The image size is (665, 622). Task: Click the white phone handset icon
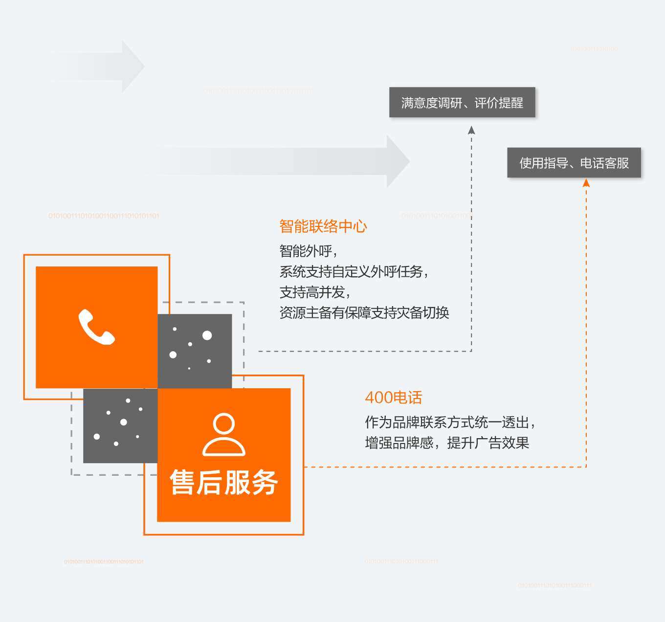tap(96, 327)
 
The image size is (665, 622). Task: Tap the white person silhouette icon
tap(224, 435)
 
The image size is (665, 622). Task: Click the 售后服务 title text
tap(224, 482)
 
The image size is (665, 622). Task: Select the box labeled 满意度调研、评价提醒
tap(462, 102)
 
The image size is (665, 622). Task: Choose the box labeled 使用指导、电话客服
tap(574, 163)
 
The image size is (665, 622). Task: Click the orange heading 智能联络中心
tap(323, 226)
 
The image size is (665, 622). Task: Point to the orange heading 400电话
tap(393, 398)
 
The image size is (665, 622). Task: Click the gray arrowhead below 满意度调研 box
tap(471, 130)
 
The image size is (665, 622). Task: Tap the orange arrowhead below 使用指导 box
tap(586, 183)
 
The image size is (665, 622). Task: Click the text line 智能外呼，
tap(308, 251)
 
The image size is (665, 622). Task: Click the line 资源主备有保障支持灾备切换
tap(364, 312)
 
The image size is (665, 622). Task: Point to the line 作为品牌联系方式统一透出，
tap(450, 422)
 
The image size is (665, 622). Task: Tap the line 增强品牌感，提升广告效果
tap(447, 443)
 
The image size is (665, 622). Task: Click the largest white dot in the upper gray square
tap(207, 335)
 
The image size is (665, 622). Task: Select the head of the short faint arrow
tap(133, 66)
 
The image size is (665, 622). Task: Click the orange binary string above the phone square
tap(104, 216)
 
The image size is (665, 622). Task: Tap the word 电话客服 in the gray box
tap(604, 163)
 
